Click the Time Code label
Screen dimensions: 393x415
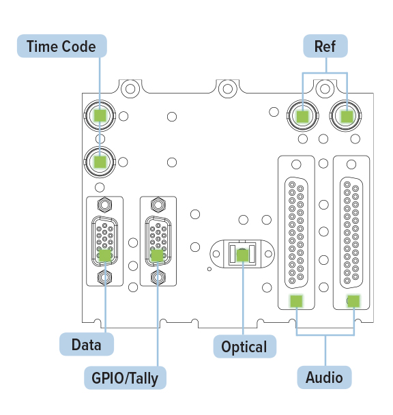pos(62,46)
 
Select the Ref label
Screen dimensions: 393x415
pos(325,46)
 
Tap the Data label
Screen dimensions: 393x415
pos(87,344)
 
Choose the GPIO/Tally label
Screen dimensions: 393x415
pos(125,377)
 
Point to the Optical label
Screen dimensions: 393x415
pos(244,347)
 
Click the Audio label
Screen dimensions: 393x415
pos(325,377)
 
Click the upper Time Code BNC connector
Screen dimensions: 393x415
pos(100,115)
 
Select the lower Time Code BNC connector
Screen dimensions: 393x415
pos(100,162)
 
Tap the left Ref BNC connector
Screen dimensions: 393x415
pos(303,115)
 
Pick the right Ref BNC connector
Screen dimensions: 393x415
pos(346,115)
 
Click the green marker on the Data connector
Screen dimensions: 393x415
pos(105,256)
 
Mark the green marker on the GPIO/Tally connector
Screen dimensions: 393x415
pos(157,256)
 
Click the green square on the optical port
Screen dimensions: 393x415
pos(242,256)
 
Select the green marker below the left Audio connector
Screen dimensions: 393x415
pos(296,301)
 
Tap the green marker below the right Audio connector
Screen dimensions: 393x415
pos(353,301)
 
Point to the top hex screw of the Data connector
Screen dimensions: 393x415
pos(105,204)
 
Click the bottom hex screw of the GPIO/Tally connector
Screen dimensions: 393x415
pos(158,277)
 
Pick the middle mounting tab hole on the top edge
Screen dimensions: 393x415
pos(228,89)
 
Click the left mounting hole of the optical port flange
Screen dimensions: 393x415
pos(216,254)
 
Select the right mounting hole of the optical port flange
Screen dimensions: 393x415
pos(268,254)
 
